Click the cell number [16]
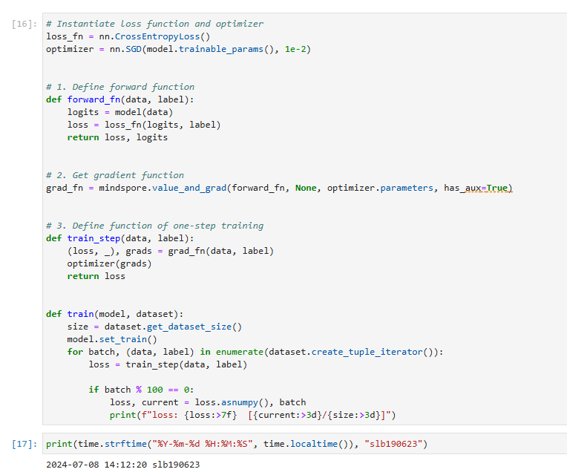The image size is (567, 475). (x=24, y=24)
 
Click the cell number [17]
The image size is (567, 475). (x=24, y=444)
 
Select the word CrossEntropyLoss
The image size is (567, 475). (x=157, y=36)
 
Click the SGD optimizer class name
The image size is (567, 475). (x=134, y=49)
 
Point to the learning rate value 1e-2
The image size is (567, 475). (x=295, y=49)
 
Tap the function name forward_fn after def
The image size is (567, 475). (x=94, y=99)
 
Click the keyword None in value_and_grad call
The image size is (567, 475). (x=306, y=188)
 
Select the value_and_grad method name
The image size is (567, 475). (x=189, y=188)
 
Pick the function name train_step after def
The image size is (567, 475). (x=94, y=238)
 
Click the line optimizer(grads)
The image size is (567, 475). (x=109, y=263)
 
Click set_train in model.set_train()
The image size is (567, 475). (x=123, y=339)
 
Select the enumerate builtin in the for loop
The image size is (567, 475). (x=240, y=352)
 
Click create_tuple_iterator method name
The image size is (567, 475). (x=367, y=352)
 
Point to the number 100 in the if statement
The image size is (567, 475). (x=155, y=390)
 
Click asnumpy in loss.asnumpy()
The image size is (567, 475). (x=240, y=402)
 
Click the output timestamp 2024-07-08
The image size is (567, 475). (x=72, y=465)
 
